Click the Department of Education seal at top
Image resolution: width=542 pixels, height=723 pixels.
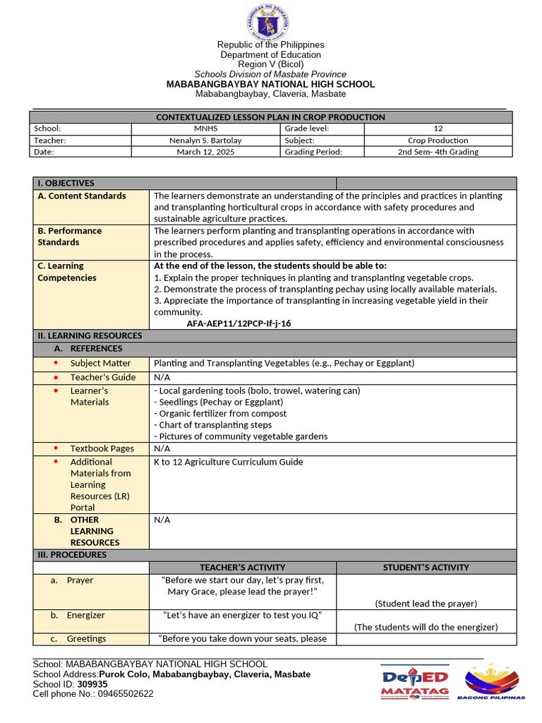[267, 22]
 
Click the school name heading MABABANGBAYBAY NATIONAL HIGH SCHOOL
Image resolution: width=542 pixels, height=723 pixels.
[270, 84]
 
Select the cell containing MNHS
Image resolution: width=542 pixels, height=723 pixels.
[206, 129]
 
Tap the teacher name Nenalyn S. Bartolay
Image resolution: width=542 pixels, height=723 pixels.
[206, 140]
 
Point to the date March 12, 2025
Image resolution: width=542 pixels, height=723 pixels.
[206, 151]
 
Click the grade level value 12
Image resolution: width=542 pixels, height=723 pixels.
[438, 129]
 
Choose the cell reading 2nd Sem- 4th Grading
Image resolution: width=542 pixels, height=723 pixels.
[438, 151]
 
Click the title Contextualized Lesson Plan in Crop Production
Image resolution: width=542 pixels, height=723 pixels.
[270, 117]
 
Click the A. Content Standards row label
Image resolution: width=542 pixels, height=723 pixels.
[82, 196]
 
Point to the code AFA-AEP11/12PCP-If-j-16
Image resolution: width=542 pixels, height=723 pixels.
[239, 323]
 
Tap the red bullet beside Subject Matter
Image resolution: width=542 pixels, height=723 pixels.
[55, 363]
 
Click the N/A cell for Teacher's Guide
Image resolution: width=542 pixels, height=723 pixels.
[162, 377]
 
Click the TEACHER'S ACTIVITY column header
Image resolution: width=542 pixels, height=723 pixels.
[242, 567]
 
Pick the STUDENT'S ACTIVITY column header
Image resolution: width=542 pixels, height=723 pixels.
[426, 567]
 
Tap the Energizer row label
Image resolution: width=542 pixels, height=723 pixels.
[85, 615]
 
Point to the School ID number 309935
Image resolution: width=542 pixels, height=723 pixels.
[92, 684]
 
